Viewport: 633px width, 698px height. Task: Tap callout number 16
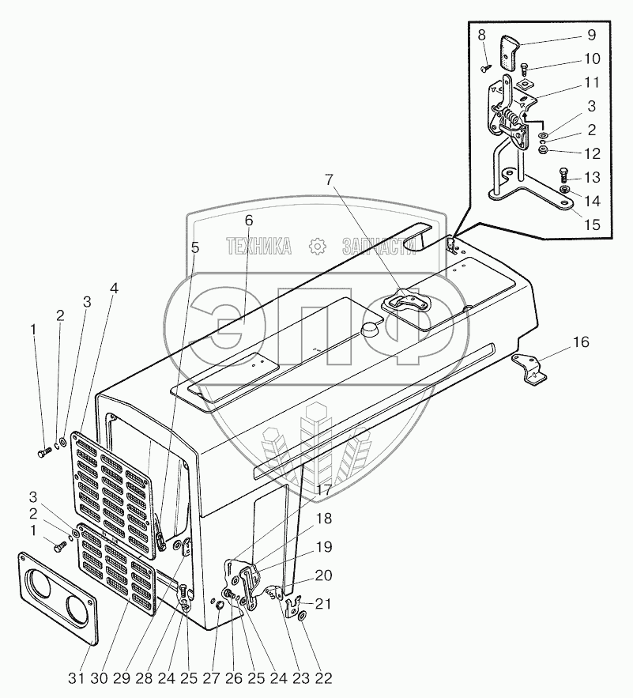click(580, 342)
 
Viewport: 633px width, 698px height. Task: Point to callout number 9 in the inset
click(591, 36)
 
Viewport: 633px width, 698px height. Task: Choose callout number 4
click(115, 289)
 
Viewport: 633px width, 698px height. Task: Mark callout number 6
click(248, 220)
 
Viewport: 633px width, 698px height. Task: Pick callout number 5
click(195, 247)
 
